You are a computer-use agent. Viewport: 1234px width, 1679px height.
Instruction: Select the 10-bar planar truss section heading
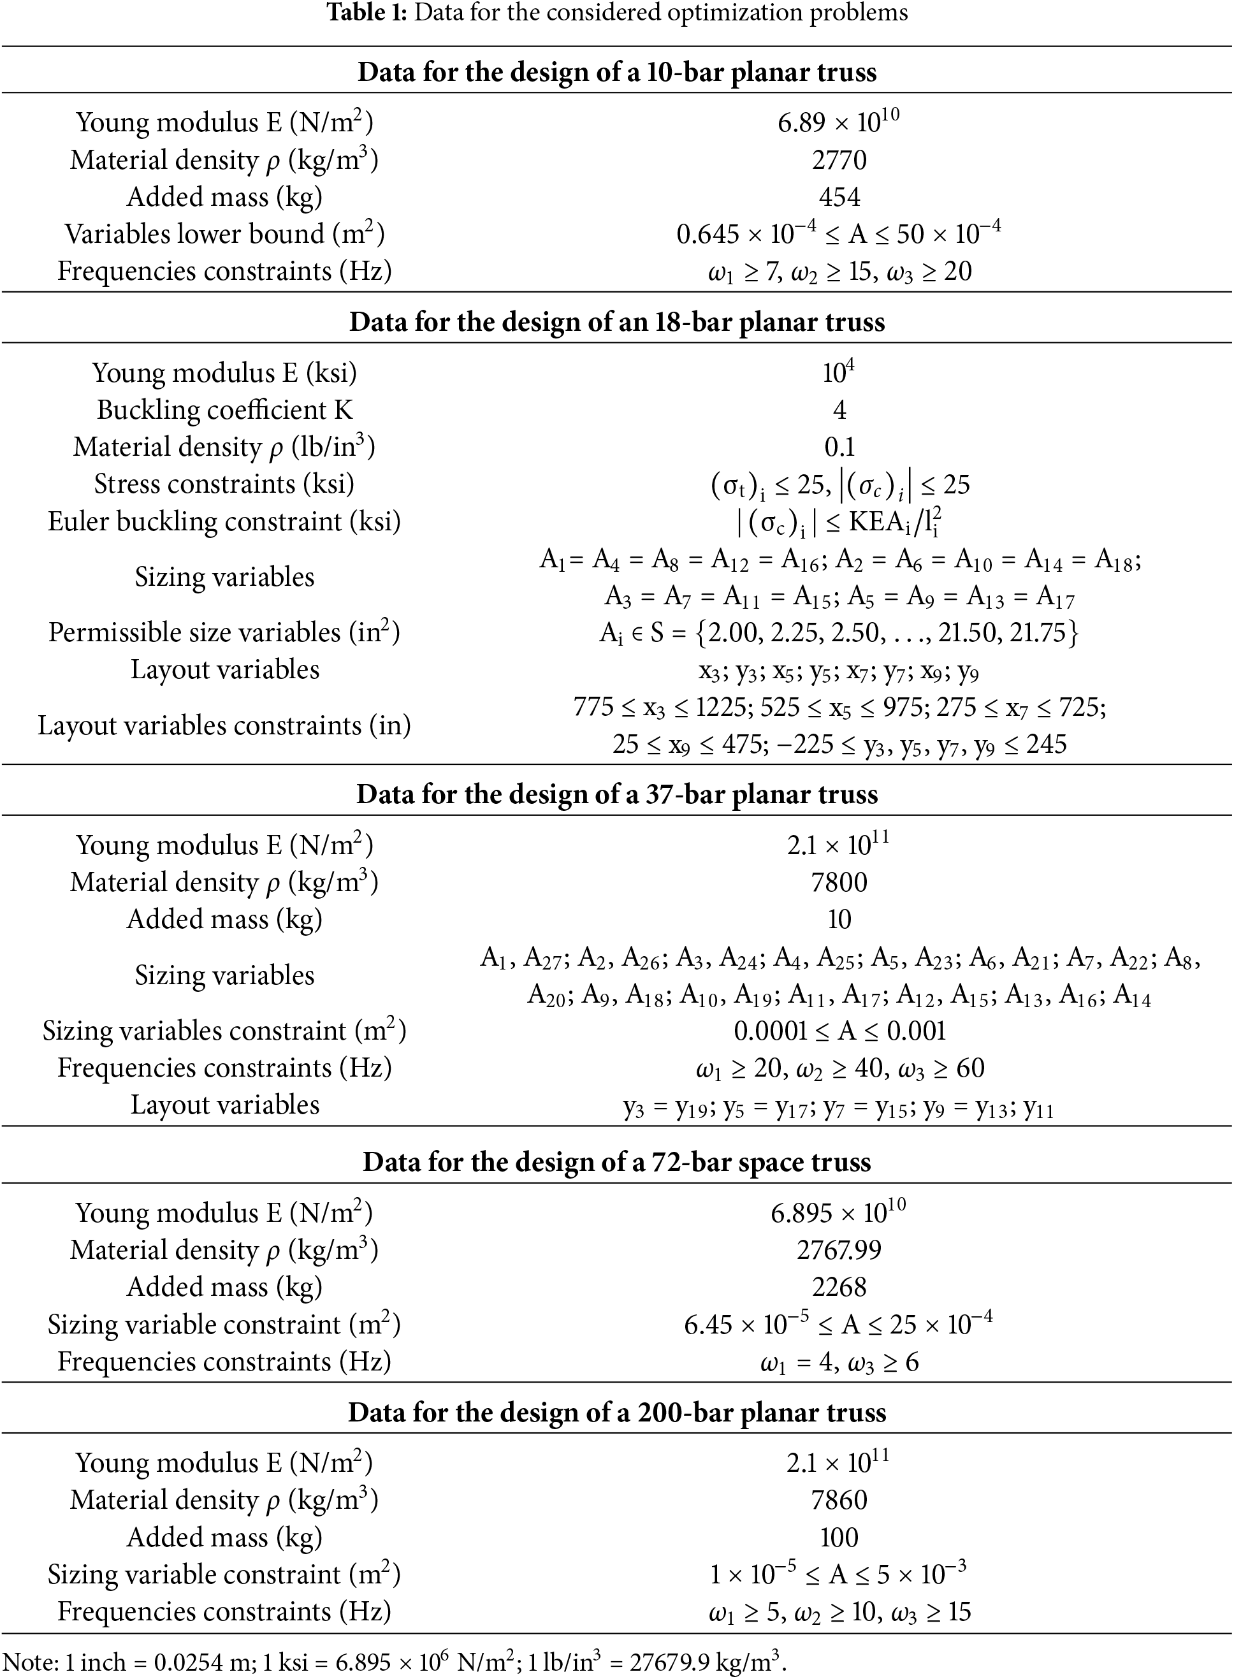pyautogui.click(x=617, y=73)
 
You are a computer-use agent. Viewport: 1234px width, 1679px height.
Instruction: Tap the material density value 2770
pyautogui.click(x=839, y=160)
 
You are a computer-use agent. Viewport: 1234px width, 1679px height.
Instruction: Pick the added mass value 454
pyautogui.click(x=839, y=197)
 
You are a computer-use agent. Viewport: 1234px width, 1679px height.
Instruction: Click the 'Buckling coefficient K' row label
pyautogui.click(x=224, y=410)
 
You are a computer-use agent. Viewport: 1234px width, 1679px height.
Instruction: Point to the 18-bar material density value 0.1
pyautogui.click(x=839, y=447)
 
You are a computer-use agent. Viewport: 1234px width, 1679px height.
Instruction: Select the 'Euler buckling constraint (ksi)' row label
pyautogui.click(x=224, y=521)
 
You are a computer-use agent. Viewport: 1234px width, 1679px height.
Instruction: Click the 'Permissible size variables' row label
pyautogui.click(x=224, y=632)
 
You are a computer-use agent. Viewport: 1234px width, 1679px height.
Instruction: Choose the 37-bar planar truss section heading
pyautogui.click(x=617, y=794)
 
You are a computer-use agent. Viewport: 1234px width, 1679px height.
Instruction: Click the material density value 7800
pyautogui.click(x=839, y=883)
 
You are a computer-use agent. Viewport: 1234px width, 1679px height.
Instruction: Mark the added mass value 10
pyautogui.click(x=839, y=919)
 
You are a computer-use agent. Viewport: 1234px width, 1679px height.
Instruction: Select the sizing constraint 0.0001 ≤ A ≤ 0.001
pyautogui.click(x=839, y=1031)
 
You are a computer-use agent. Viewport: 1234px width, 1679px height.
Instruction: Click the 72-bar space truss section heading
pyautogui.click(x=617, y=1163)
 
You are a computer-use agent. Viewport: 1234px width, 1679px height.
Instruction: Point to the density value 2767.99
pyautogui.click(x=839, y=1250)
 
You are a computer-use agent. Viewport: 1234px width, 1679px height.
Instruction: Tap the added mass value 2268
pyautogui.click(x=839, y=1288)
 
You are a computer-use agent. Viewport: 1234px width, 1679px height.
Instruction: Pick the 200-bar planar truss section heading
pyautogui.click(x=617, y=1413)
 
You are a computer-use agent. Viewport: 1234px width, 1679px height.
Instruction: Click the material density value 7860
pyautogui.click(x=839, y=1501)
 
